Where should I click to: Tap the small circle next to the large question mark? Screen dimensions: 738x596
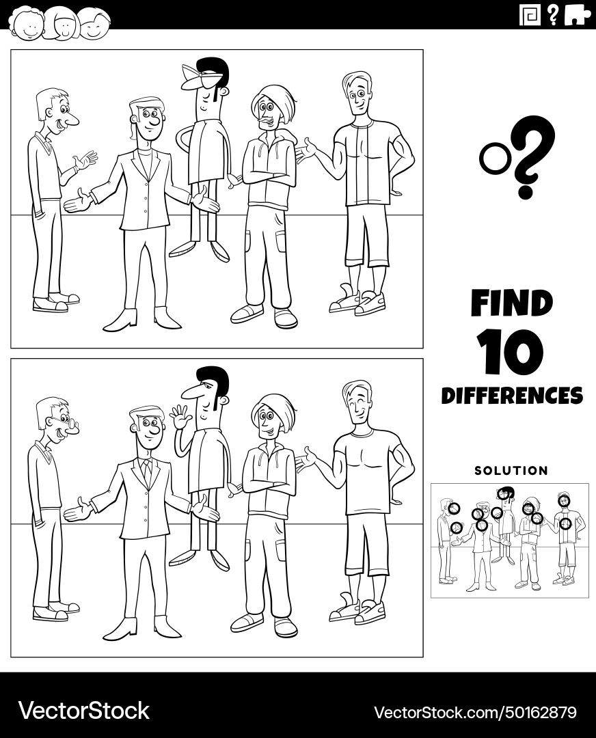click(x=491, y=159)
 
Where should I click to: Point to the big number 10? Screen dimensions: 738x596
click(x=511, y=353)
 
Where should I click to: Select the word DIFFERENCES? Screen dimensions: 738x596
click(x=511, y=396)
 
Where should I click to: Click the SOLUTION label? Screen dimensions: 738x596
click(x=511, y=471)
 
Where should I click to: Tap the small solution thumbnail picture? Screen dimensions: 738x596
click(x=509, y=541)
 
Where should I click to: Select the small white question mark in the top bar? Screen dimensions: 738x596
click(x=552, y=14)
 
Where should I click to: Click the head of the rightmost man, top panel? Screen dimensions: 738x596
click(x=356, y=95)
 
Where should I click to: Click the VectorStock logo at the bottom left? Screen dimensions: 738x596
click(x=83, y=711)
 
